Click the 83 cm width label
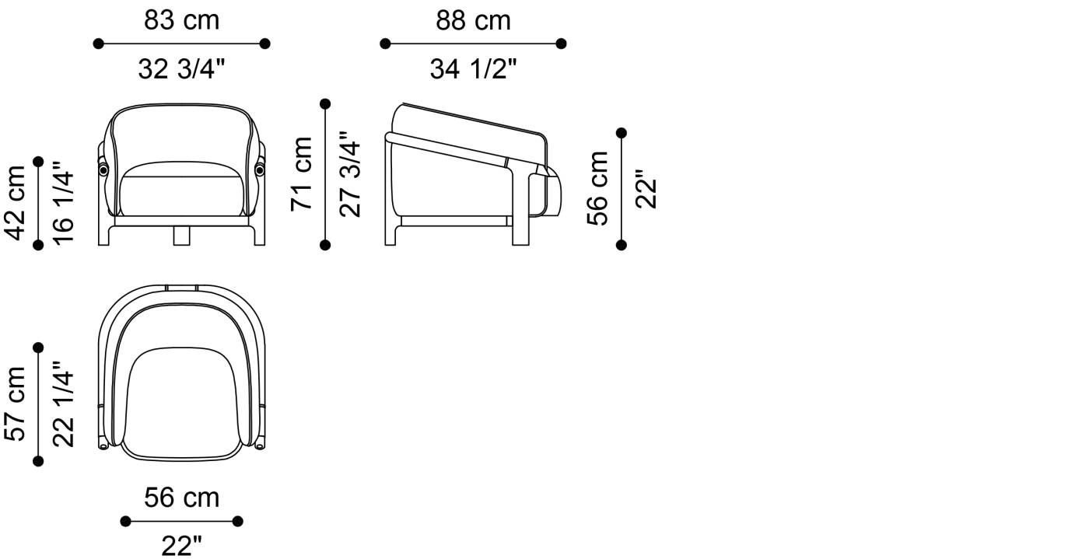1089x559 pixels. tap(181, 20)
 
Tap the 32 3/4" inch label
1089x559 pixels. tap(181, 68)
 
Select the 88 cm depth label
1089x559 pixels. tap(473, 20)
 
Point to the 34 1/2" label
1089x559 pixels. tap(473, 68)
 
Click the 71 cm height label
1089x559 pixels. tap(302, 174)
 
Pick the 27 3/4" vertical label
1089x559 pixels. tap(350, 174)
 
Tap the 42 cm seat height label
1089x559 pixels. tap(15, 203)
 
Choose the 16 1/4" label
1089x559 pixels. tap(63, 203)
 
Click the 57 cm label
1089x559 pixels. tap(15, 404)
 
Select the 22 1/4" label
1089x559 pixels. tap(63, 404)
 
